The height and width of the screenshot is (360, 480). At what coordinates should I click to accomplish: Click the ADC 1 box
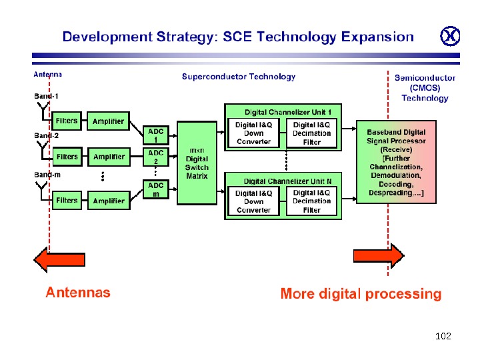tap(155, 135)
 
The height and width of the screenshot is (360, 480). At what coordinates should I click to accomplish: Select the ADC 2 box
tap(155, 157)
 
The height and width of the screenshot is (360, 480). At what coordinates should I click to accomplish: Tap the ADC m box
tap(155, 189)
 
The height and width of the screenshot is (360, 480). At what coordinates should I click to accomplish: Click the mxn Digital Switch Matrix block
tap(197, 163)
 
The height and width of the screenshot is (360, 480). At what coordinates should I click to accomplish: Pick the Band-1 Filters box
tap(67, 121)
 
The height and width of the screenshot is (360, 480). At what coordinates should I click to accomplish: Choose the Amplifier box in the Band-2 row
tap(109, 157)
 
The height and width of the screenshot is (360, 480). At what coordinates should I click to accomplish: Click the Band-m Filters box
tap(67, 200)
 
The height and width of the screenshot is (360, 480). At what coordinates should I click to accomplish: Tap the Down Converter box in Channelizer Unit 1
tap(254, 133)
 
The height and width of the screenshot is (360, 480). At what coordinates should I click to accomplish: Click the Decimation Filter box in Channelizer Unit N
tap(311, 201)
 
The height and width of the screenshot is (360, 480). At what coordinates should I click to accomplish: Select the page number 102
tap(443, 336)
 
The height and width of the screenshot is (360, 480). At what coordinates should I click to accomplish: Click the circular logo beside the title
tap(451, 37)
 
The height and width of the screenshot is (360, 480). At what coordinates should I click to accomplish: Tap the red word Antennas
tap(78, 292)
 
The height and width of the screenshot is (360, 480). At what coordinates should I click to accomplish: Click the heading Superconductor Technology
tap(239, 77)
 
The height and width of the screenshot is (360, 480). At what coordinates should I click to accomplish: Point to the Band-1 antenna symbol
tap(43, 107)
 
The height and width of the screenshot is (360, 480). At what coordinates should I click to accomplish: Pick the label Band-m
tap(47, 175)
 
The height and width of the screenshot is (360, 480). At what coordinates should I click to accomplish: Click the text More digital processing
tap(361, 293)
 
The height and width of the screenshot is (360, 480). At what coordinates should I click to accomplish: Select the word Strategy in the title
tap(179, 37)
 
